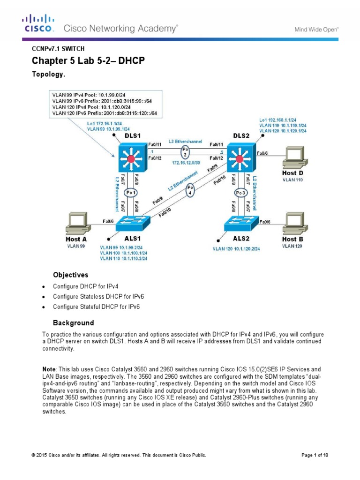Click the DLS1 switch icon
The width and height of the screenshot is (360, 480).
point(131,159)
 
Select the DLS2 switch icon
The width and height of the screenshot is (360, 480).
point(240,159)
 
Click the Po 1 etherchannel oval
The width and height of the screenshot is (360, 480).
point(131,193)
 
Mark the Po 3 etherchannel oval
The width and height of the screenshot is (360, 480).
point(240,193)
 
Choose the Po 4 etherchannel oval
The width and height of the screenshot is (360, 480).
point(190,190)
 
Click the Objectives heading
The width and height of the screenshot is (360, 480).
point(70,275)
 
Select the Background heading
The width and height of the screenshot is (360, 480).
point(73,323)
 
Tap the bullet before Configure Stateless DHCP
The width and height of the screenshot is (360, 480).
point(44,296)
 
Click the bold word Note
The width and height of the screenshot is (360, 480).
point(49,370)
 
